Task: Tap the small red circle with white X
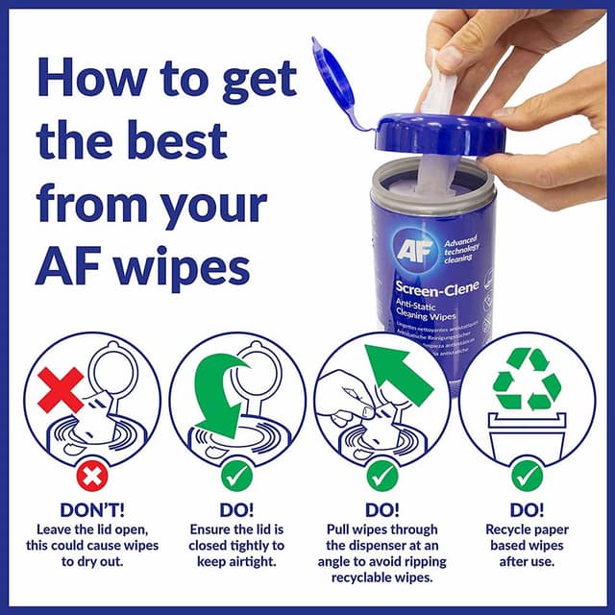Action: (91, 475)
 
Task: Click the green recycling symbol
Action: (527, 381)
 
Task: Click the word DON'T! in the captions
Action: (91, 510)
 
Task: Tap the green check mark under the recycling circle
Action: (527, 475)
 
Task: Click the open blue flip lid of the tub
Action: (332, 77)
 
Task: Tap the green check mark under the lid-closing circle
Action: (237, 475)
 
